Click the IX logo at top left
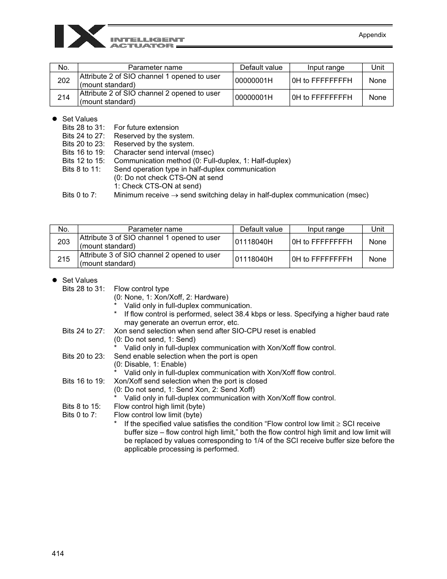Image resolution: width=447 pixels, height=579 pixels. (80, 36)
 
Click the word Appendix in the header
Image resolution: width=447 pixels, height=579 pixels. (372, 35)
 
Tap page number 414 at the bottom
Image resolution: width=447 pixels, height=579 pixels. (58, 553)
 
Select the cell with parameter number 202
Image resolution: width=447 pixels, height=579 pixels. (64, 81)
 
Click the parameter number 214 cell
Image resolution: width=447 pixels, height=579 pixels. (64, 98)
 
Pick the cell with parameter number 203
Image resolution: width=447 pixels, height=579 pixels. (64, 242)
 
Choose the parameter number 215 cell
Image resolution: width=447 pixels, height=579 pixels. (64, 259)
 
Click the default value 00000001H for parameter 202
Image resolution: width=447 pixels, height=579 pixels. (253, 81)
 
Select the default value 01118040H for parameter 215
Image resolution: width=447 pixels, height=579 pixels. (253, 259)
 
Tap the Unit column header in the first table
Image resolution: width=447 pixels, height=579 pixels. (378, 68)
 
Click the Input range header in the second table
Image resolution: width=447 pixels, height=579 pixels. (326, 229)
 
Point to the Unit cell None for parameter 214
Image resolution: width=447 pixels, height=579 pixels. (378, 98)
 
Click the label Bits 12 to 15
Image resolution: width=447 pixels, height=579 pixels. (83, 161)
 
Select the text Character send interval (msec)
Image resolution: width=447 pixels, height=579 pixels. (164, 152)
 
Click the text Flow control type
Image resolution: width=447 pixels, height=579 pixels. (141, 289)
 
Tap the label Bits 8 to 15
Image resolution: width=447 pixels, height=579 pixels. (82, 406)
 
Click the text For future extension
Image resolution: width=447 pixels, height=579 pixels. (146, 128)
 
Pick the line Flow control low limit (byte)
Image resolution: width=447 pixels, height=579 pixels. (158, 415)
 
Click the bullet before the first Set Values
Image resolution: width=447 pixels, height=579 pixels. (54, 119)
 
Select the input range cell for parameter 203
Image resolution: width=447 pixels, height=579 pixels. (322, 242)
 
